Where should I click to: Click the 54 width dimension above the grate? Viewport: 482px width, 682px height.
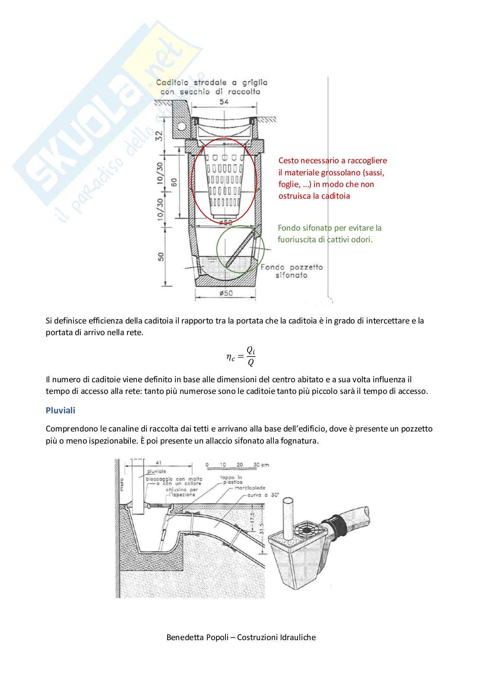224,102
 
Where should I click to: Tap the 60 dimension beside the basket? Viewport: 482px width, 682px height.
174,182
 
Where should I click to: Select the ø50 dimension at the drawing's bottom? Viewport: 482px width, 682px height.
225,293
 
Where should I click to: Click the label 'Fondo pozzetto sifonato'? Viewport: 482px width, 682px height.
292,271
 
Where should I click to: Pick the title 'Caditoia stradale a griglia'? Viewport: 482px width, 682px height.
212,82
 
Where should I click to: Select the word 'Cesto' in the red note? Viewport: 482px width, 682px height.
289,161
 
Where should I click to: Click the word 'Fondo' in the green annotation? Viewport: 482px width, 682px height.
289,228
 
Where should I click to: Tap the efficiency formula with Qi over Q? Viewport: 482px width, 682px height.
241,356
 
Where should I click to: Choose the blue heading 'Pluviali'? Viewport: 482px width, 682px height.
60,410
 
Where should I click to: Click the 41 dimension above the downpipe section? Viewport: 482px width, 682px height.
159,462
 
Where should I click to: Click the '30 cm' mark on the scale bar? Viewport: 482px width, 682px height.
261,465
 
